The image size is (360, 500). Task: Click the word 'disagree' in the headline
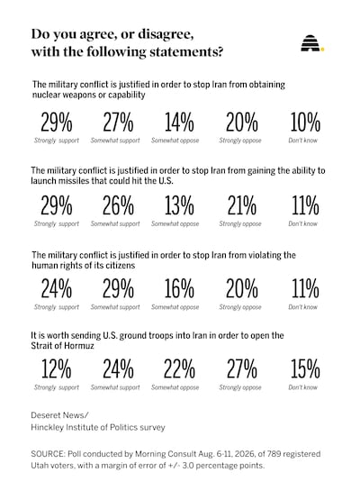point(165,35)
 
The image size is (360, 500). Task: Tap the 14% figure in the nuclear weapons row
point(179,123)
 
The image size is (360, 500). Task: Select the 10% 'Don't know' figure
point(305,123)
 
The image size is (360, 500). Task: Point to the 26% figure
point(118,205)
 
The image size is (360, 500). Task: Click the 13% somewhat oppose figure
point(179,205)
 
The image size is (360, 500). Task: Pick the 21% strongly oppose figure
point(241,205)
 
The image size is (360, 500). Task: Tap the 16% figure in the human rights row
point(179,289)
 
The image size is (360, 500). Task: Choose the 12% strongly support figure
point(57,369)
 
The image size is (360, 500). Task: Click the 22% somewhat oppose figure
point(179,369)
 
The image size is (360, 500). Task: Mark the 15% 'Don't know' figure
point(305,369)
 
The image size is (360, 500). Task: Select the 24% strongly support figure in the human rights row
point(57,289)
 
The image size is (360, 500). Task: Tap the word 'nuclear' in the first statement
point(45,95)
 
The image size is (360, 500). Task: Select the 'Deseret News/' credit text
point(59,415)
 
